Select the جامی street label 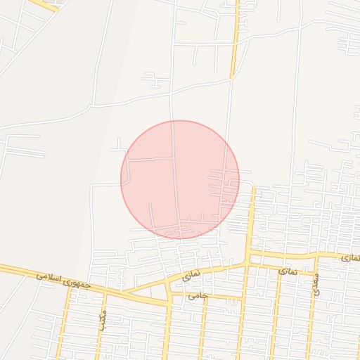(198, 296)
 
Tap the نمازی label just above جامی (191, 274)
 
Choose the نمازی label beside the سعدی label (287, 270)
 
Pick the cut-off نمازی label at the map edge (351, 259)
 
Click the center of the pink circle (180, 179)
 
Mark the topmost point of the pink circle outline (180, 120)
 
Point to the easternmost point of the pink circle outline (239, 179)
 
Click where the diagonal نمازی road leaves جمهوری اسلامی (127, 291)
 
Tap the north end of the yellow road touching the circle (254, 188)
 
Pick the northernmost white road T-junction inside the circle (174, 159)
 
